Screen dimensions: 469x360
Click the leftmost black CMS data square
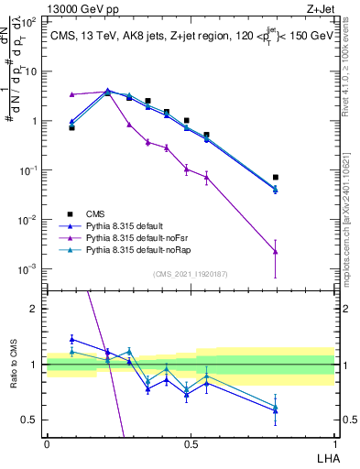click(71, 127)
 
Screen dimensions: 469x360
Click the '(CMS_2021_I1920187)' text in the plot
click(191, 274)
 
